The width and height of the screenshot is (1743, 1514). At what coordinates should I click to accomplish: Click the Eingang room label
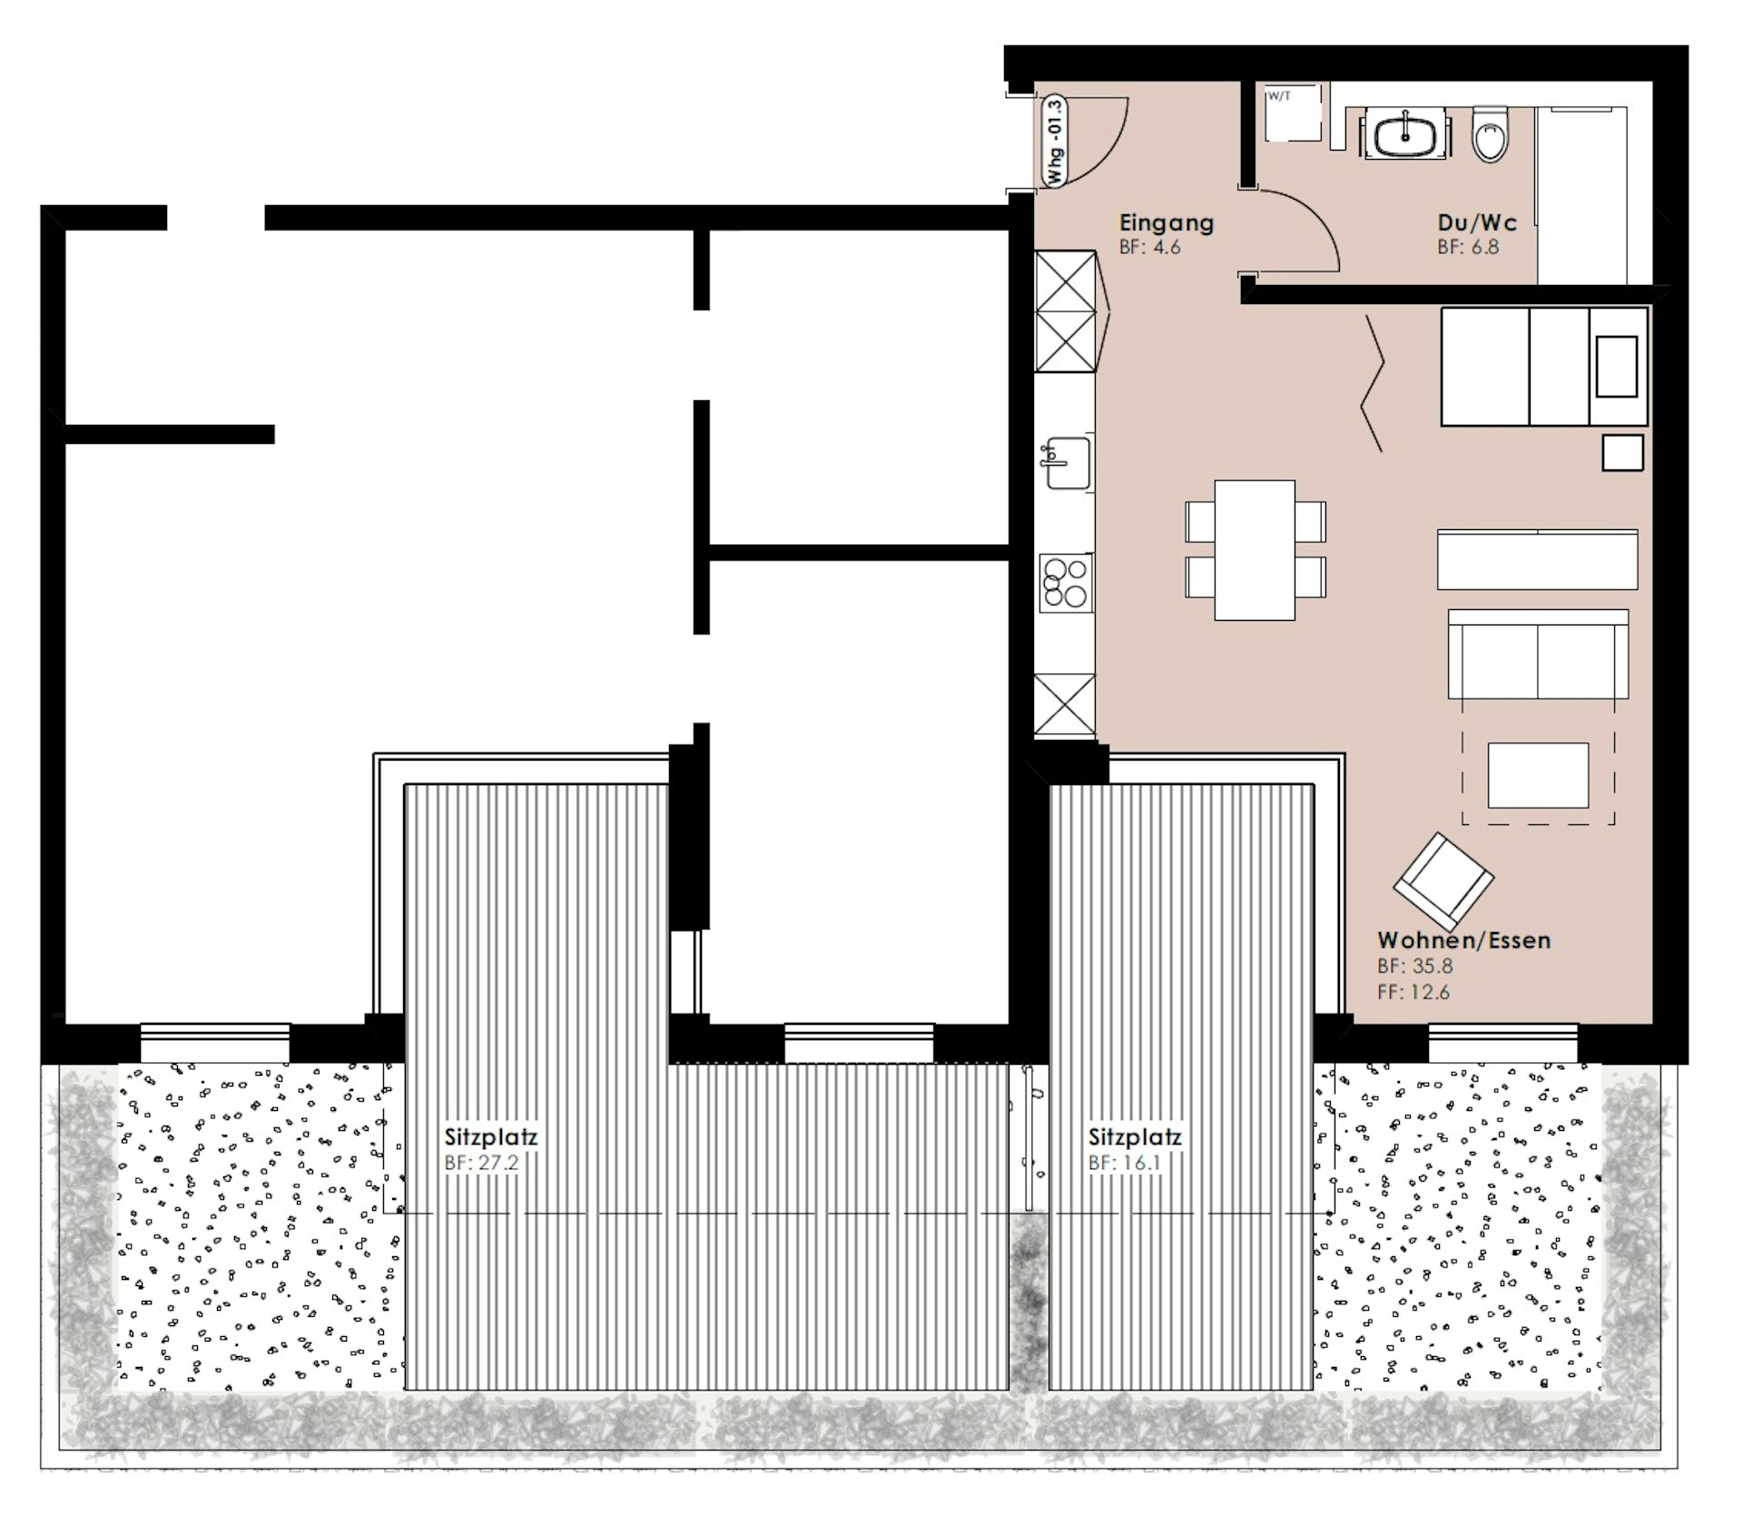point(1166,222)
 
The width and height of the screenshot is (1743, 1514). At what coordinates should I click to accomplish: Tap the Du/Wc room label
point(1476,222)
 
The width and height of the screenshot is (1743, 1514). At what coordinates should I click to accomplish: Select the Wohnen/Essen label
point(1463,939)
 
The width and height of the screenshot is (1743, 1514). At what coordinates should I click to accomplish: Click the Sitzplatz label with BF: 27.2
point(491,1136)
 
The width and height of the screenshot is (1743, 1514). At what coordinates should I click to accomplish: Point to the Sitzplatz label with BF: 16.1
point(1136,1136)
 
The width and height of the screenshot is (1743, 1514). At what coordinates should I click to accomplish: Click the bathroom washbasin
point(1403,136)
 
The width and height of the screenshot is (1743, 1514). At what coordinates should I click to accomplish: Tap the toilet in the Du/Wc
point(1490,134)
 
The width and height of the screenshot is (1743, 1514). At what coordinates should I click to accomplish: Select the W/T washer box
point(1293,113)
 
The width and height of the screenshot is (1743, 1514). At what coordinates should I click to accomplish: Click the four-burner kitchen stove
point(1066,582)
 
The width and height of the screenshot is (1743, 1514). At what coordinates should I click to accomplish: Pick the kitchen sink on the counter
point(1066,462)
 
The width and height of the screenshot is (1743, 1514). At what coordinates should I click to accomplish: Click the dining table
point(1255,550)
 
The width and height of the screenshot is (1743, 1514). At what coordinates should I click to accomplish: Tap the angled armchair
point(1443,877)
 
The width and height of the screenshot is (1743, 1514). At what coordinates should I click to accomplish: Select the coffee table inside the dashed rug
point(1538,775)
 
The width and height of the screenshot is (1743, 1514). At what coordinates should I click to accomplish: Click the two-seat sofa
point(1538,654)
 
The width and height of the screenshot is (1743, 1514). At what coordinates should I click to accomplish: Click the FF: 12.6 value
point(1413,991)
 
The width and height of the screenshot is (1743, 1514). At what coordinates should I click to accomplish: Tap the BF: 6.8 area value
point(1468,247)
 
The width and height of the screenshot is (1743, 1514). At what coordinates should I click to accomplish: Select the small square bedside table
point(1622,453)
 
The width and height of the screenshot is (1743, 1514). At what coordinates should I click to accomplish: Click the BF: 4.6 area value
point(1149,247)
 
